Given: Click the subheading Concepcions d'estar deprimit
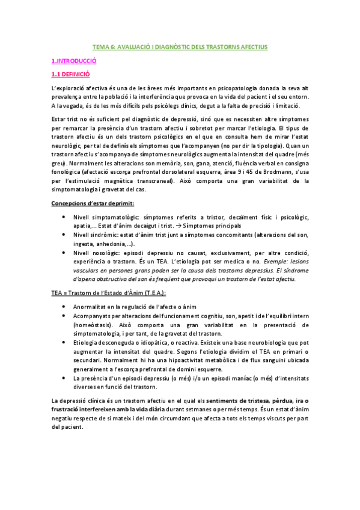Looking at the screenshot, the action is [92, 204].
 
